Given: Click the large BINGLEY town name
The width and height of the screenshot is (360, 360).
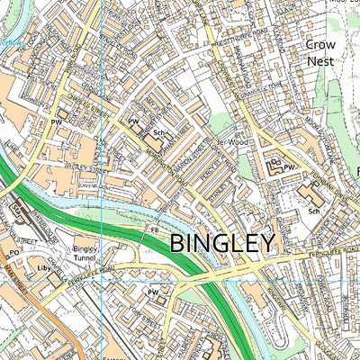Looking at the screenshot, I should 221,242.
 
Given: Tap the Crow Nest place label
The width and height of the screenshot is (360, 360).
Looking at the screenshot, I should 319,52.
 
